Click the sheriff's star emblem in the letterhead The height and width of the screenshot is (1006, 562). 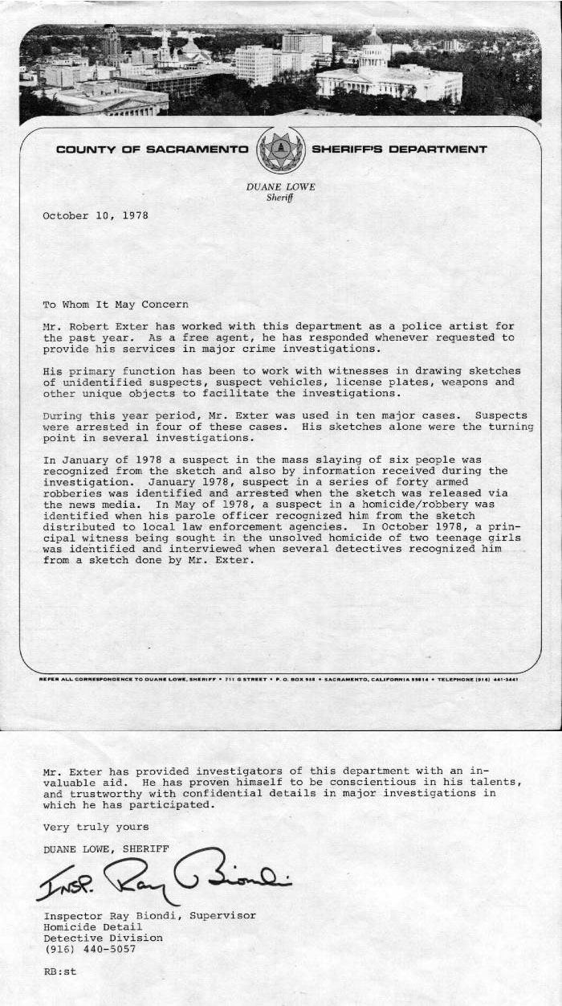coord(280,149)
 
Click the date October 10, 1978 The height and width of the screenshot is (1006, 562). coord(95,215)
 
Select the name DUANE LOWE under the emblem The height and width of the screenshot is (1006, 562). coord(280,187)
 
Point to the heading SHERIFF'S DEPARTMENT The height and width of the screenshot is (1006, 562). coord(399,149)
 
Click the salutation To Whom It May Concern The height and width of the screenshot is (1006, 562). coord(116,305)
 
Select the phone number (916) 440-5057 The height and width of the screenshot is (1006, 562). coord(89,949)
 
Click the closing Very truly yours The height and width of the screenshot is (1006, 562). coord(96,827)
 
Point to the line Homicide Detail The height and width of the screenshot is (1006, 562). coord(92,926)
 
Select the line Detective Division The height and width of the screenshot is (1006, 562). coord(103,938)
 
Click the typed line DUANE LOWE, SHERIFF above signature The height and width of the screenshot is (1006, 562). coord(106,849)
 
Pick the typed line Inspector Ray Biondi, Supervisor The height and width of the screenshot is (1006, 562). coord(149,915)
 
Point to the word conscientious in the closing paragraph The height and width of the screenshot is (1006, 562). coord(352,782)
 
